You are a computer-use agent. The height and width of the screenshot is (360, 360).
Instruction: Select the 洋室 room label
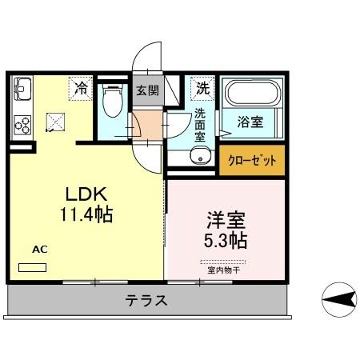[x=221, y=218]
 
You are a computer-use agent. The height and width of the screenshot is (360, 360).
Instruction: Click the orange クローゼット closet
[x=252, y=161]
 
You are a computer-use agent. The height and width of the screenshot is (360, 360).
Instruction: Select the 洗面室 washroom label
[x=201, y=125]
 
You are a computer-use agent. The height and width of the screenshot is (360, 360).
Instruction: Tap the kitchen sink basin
[x=21, y=88]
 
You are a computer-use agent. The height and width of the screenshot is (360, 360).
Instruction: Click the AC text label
[x=40, y=250]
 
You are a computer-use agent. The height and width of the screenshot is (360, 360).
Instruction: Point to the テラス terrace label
[x=146, y=302]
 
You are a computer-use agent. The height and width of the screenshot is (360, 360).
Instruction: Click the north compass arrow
[x=339, y=300]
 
